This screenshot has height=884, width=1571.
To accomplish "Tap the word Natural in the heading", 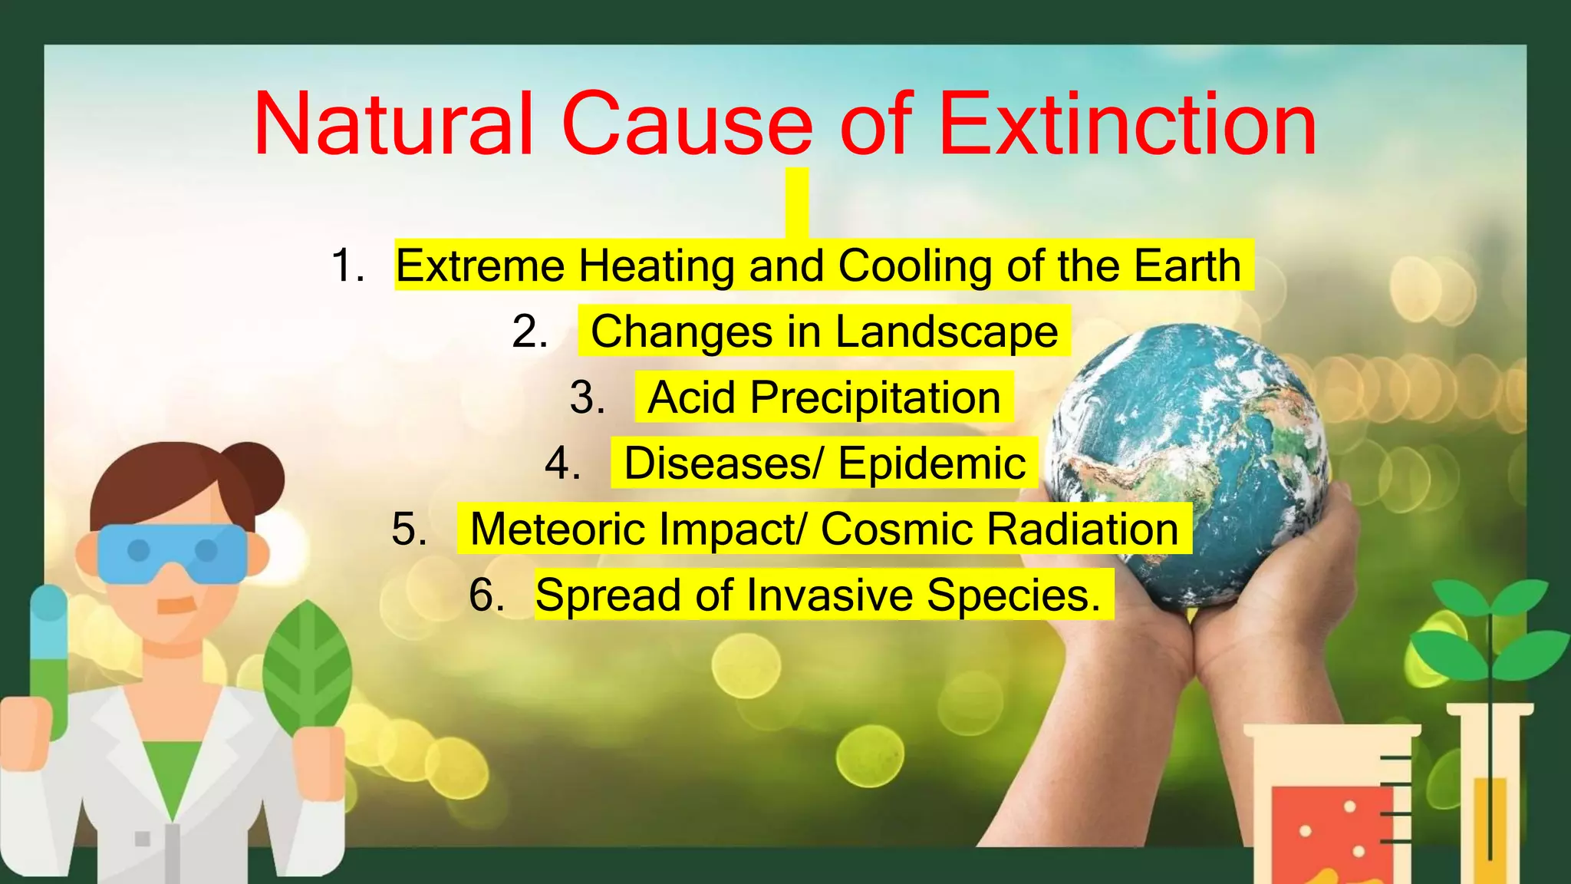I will click(x=394, y=124).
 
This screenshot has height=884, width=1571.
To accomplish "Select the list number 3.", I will click(x=588, y=397).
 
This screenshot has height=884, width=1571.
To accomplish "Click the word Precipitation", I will click(x=875, y=398).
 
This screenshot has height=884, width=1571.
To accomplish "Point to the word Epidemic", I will click(x=931, y=463).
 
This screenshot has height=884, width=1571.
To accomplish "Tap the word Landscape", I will click(x=946, y=331).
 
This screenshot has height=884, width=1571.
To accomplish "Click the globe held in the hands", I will click(x=1189, y=460).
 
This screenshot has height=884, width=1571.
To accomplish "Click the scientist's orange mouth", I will click(x=177, y=605).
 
